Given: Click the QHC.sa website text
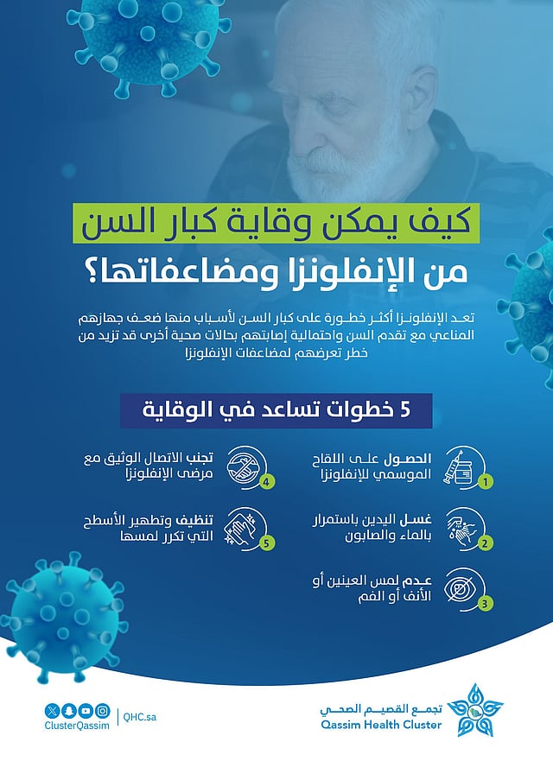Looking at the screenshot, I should (x=141, y=716).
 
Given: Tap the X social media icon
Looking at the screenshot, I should (x=54, y=710).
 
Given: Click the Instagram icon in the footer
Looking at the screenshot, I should (x=103, y=710).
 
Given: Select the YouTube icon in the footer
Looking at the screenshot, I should (x=86, y=710).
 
